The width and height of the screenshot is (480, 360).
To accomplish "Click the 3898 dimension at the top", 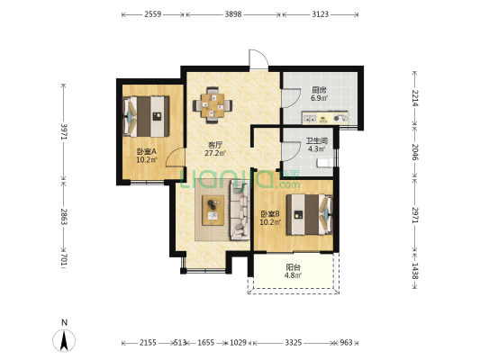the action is pyautogui.click(x=233, y=14).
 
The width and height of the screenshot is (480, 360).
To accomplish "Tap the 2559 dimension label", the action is pyautogui.click(x=153, y=14).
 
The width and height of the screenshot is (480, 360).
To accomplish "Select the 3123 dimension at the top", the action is pyautogui.click(x=321, y=14).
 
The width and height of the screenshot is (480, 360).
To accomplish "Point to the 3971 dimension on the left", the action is pyautogui.click(x=64, y=131).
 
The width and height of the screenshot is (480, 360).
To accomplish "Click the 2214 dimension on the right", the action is pyautogui.click(x=414, y=98).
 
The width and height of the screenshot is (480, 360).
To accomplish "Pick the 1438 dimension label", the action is pyautogui.click(x=414, y=271).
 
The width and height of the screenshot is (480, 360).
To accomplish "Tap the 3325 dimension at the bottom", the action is pyautogui.click(x=294, y=343).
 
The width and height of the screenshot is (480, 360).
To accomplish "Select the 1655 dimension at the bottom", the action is pyautogui.click(x=205, y=343).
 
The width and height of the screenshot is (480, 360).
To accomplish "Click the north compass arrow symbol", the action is pyautogui.click(x=64, y=341).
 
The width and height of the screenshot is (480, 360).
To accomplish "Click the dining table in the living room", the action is pyautogui.click(x=213, y=105).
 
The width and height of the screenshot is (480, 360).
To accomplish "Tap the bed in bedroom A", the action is pyautogui.click(x=146, y=116).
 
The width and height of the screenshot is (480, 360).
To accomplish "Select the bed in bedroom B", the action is pyautogui.click(x=309, y=214).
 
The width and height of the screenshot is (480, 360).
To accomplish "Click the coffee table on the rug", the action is pyautogui.click(x=213, y=211).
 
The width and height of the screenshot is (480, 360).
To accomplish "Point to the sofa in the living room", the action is pyautogui.click(x=240, y=210).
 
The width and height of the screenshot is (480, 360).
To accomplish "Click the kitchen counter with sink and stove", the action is pyautogui.click(x=325, y=118).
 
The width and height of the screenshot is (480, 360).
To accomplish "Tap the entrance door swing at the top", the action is pyautogui.click(x=259, y=59).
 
